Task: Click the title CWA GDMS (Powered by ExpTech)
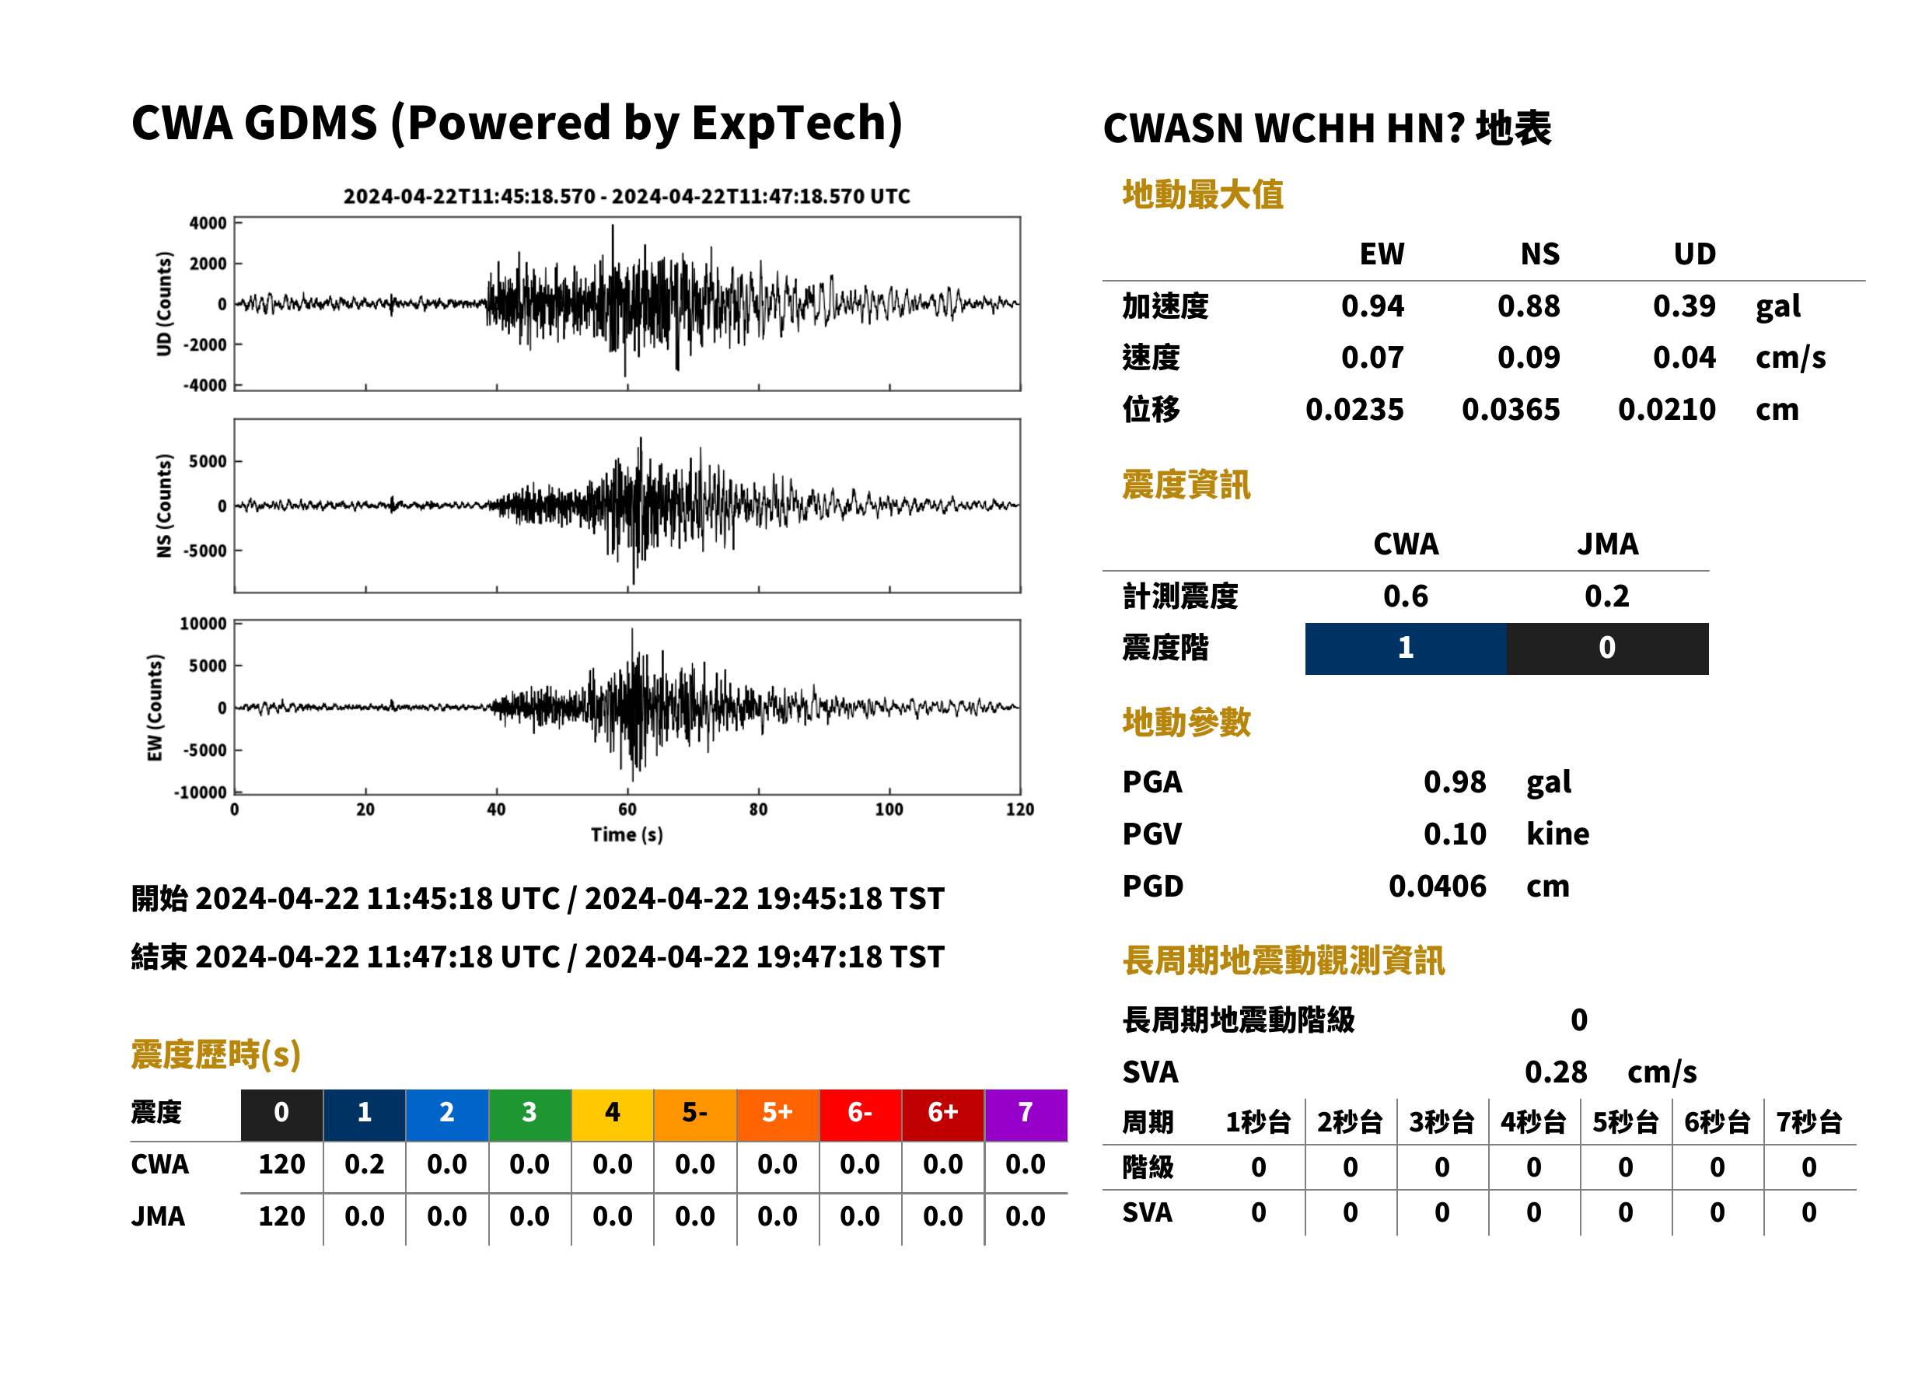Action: click(x=516, y=123)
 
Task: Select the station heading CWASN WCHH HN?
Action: click(x=1284, y=129)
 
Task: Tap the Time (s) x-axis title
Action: click(x=627, y=834)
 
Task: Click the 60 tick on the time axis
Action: click(x=627, y=809)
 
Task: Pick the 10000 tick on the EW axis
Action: click(x=204, y=624)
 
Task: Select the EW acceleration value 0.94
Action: click(x=1372, y=306)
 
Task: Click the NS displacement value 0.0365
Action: click(x=1510, y=409)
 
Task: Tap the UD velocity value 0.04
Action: click(x=1684, y=357)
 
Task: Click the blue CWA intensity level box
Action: click(x=1406, y=649)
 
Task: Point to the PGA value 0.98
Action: click(x=1454, y=782)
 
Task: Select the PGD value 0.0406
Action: click(x=1437, y=886)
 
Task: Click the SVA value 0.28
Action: click(x=1556, y=1072)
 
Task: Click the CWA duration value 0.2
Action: click(x=364, y=1164)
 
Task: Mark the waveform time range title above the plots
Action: click(x=627, y=196)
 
